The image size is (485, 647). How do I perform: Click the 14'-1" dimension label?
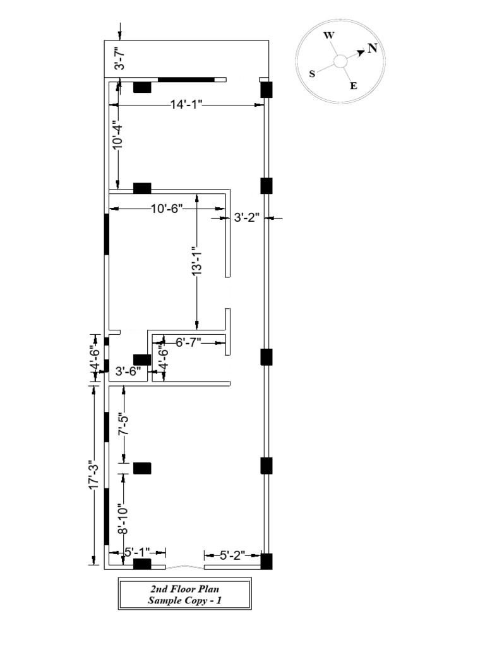point(186,104)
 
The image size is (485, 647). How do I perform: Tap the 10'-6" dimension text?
point(167,209)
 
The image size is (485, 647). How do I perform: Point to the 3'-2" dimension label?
point(247,218)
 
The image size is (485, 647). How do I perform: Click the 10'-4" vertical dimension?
point(117,135)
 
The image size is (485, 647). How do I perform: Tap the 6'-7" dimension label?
point(188,342)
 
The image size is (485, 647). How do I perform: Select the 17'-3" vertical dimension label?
point(94,475)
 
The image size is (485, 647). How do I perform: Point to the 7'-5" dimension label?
point(124,425)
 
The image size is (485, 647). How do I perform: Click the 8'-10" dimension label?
point(124,520)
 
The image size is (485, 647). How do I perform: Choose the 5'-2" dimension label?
point(232,556)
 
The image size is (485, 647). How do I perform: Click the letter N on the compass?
point(373,49)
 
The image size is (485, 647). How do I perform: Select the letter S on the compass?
point(312,74)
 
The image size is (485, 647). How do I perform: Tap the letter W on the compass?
point(329,35)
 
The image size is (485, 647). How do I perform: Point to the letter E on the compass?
point(354,86)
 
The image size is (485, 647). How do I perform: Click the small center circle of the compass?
point(340,61)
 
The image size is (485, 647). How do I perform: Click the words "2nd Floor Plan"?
point(184,590)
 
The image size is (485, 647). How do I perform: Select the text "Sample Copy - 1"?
point(184,600)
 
